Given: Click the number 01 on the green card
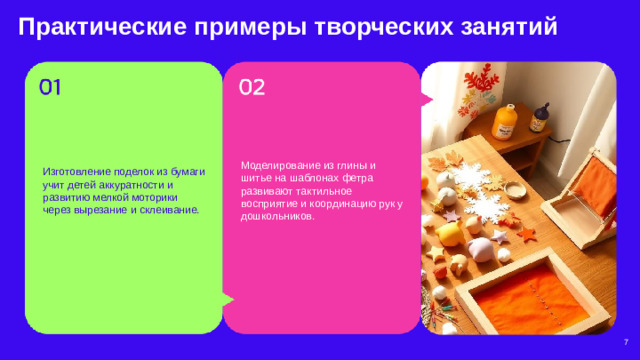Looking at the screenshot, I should pyautogui.click(x=50, y=87).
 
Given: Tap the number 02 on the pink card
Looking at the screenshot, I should pyautogui.click(x=251, y=87).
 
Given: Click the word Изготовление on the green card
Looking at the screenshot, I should pyautogui.click(x=76, y=172).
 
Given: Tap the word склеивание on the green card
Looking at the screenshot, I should pyautogui.click(x=172, y=211).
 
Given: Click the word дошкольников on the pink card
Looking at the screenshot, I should pyautogui.click(x=275, y=216).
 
